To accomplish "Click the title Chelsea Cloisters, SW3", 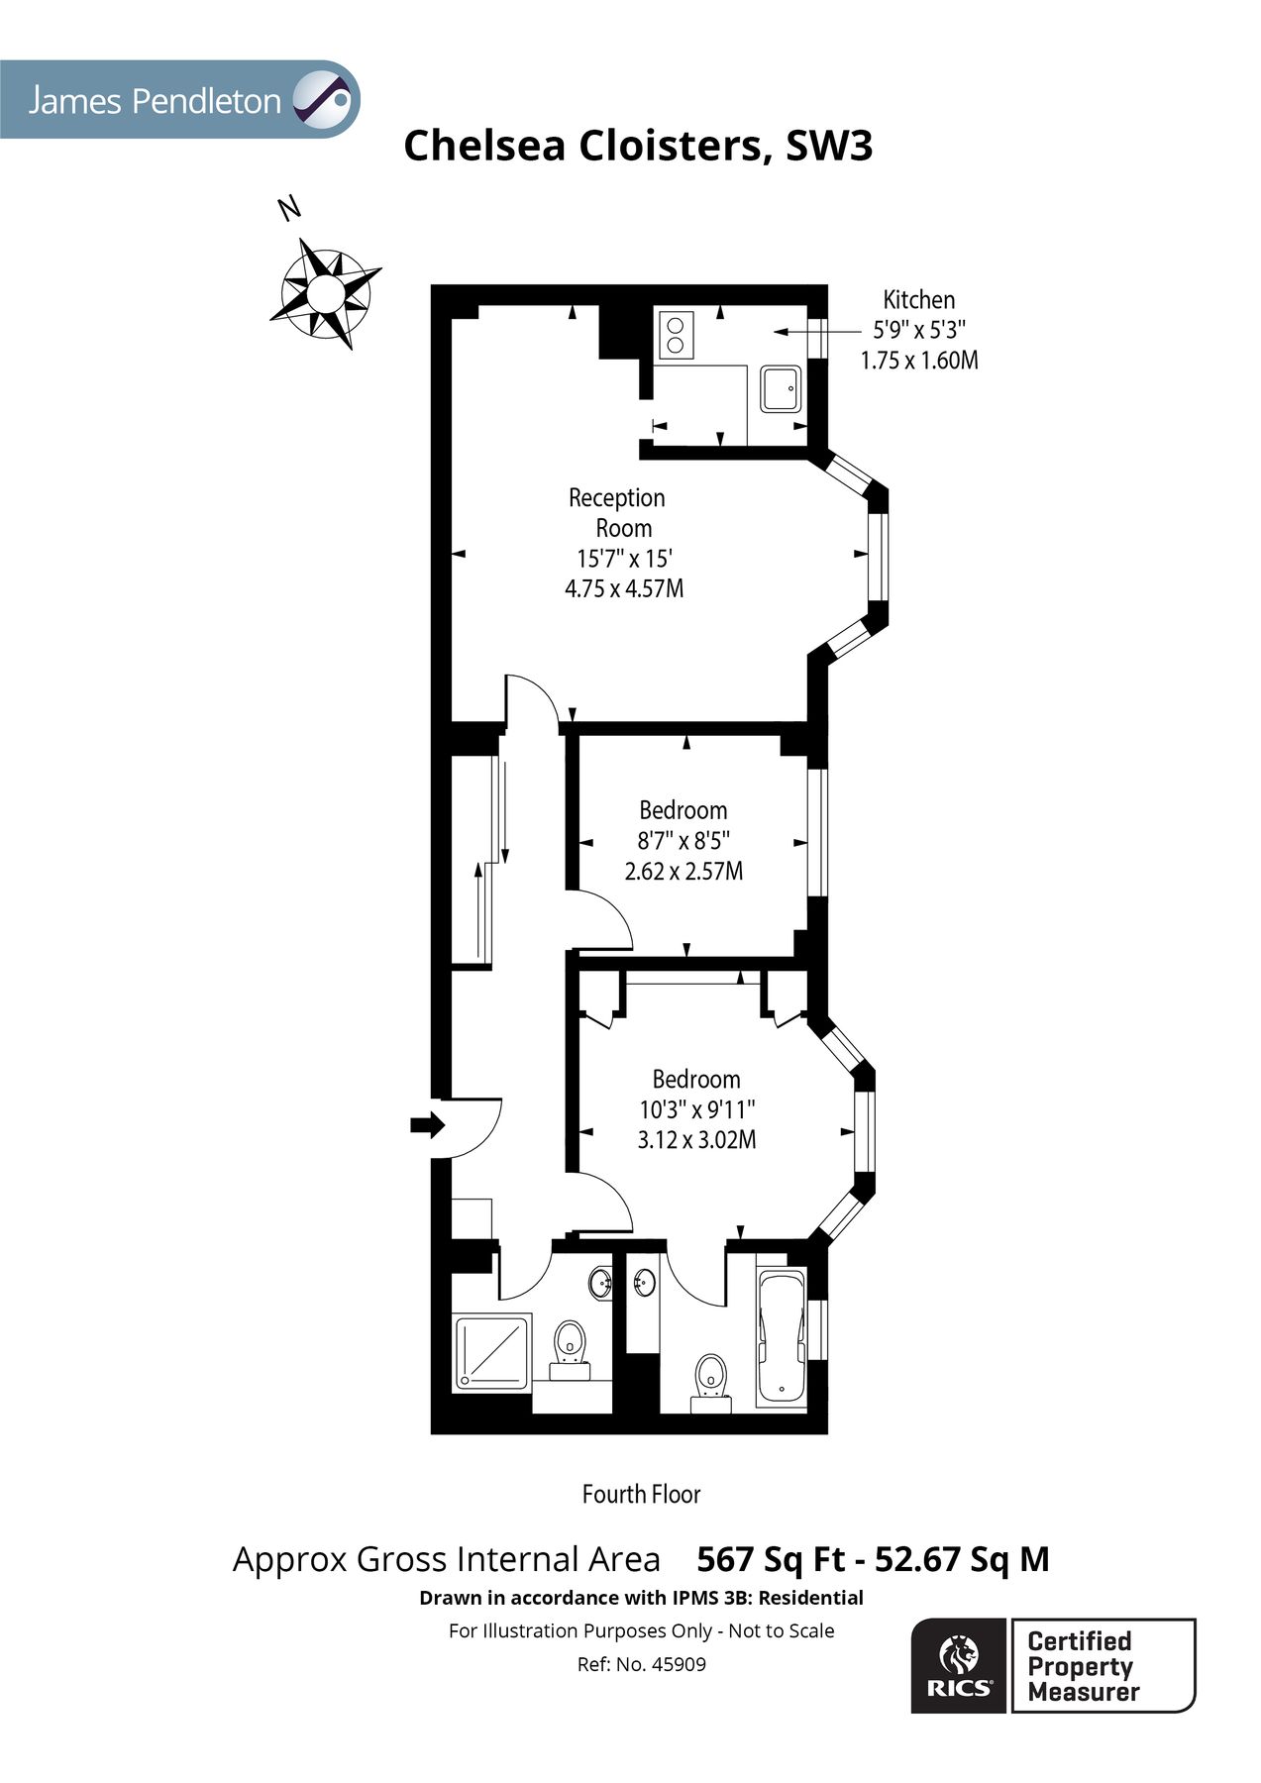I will click(638, 146).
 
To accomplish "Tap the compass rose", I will click(325, 293).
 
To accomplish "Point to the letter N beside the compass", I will click(288, 209).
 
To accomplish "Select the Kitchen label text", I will click(918, 300).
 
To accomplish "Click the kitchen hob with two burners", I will click(675, 334).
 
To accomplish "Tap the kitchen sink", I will click(783, 388).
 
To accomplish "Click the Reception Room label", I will click(617, 512).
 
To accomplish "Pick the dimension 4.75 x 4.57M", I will click(624, 588).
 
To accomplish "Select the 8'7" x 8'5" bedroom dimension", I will click(683, 841).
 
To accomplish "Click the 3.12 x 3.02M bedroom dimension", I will click(696, 1140).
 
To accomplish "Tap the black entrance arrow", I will click(427, 1125).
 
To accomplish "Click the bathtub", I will click(781, 1337).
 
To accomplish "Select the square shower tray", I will click(493, 1352).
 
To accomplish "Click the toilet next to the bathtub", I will click(710, 1377).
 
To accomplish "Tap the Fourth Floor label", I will click(641, 1494).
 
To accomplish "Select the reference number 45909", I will click(678, 1665).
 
